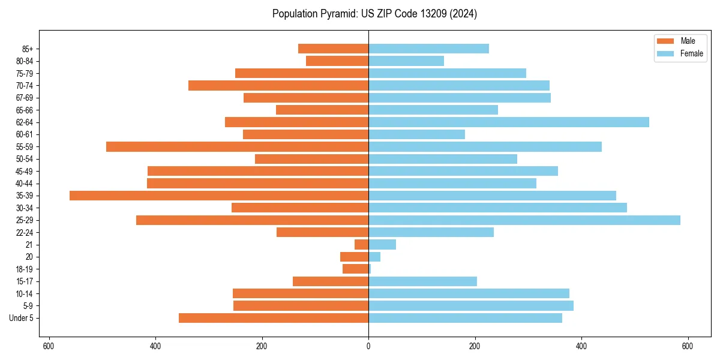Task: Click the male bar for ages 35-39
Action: point(219,196)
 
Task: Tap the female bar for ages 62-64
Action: point(508,122)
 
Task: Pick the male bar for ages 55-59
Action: point(237,147)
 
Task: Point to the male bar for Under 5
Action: point(274,318)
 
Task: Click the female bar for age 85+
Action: point(428,49)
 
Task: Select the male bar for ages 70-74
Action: point(278,86)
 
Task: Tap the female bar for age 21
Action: point(382,245)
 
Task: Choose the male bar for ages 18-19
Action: point(356,269)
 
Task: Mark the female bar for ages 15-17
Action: point(422,281)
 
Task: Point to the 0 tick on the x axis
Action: point(368,346)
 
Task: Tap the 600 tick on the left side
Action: point(49,346)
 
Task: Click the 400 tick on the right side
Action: point(581,346)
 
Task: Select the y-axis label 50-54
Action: point(25,159)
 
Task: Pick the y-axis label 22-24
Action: point(25,233)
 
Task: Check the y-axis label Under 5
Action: point(21,318)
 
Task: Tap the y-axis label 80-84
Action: point(25,61)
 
